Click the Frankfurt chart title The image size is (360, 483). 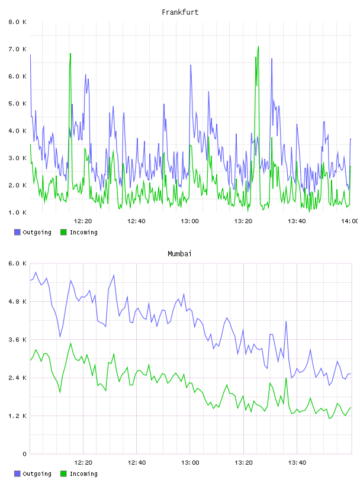(x=180, y=12)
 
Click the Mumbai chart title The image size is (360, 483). (x=179, y=254)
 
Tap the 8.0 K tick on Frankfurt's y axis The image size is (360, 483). (x=17, y=22)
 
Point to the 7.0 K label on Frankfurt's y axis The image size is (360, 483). (x=17, y=49)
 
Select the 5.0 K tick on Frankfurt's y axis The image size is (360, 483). (x=17, y=104)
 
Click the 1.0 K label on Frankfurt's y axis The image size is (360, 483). (x=17, y=212)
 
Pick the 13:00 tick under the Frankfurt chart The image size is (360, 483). (x=189, y=221)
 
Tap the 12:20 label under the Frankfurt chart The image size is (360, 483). (x=83, y=221)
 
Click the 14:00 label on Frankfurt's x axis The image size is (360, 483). (x=350, y=221)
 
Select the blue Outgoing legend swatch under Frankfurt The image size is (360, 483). (x=17, y=232)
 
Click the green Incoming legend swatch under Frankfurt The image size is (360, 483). (x=63, y=232)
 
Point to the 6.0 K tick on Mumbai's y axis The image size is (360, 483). (x=17, y=263)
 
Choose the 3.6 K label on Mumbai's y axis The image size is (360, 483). (x=17, y=339)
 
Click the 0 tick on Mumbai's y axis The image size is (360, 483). (x=24, y=454)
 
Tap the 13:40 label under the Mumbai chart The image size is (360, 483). (x=297, y=462)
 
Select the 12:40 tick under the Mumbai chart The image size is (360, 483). (x=137, y=462)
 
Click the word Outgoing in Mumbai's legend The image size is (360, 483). (x=37, y=474)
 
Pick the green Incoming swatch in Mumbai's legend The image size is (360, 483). (x=63, y=474)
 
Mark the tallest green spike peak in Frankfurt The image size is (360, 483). (x=258, y=46)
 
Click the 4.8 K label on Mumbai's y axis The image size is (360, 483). (x=17, y=301)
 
